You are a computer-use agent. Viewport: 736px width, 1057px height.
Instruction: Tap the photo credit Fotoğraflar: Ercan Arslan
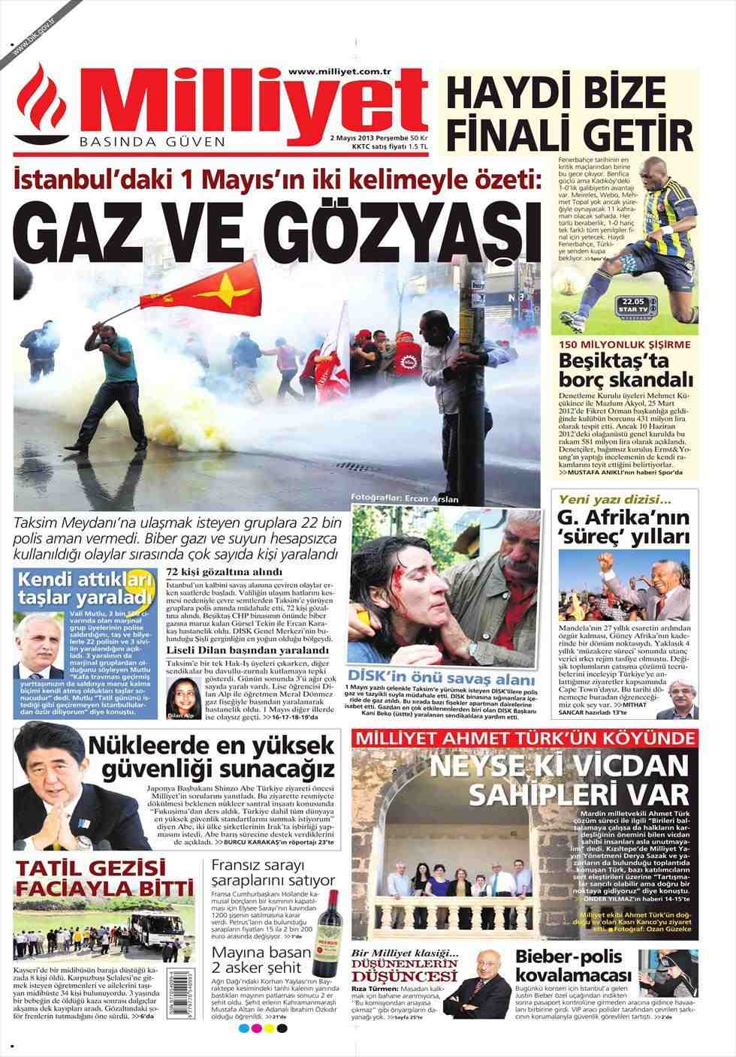click(x=404, y=498)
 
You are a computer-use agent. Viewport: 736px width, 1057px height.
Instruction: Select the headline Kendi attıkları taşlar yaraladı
click(x=84, y=589)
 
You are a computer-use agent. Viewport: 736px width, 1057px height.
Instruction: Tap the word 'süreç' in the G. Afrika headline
click(x=593, y=537)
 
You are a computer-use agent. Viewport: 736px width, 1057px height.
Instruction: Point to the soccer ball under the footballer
click(x=572, y=309)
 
